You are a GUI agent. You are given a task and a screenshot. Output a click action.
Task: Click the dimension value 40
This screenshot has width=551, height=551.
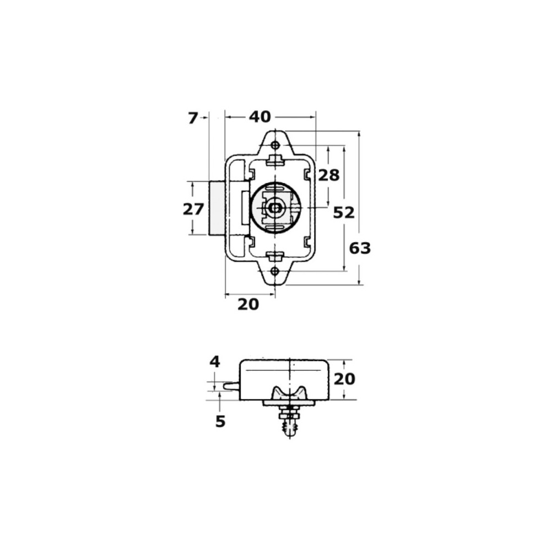[260, 117]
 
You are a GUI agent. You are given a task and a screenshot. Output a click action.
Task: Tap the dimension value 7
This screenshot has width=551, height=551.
[192, 118]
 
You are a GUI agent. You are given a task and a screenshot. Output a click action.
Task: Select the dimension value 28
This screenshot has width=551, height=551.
[329, 175]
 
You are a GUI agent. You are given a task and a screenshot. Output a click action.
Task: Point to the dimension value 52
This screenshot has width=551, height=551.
[344, 213]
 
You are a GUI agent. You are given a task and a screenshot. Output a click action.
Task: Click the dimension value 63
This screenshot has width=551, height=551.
[360, 249]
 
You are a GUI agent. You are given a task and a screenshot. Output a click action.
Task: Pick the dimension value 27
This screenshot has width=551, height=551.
[193, 209]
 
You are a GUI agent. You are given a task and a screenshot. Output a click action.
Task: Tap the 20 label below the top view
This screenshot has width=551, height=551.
[248, 304]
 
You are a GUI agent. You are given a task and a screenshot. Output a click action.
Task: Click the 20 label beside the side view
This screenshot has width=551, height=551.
[344, 379]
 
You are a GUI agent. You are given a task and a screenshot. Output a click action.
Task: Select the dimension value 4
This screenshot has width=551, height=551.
[215, 361]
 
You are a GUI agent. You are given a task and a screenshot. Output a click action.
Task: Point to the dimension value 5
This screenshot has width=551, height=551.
[220, 422]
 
